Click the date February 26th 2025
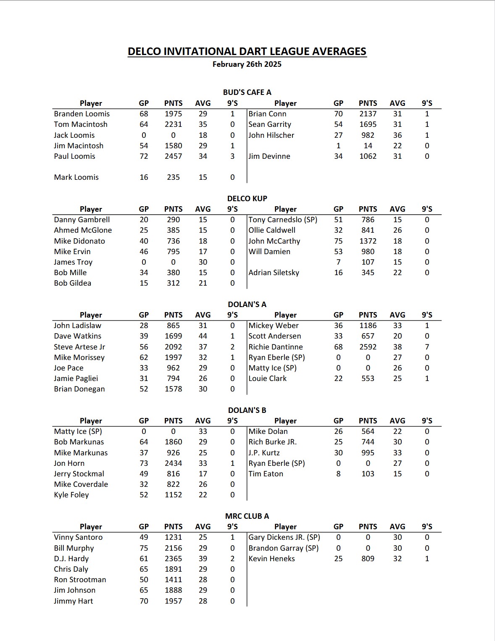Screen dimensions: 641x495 pos(247,64)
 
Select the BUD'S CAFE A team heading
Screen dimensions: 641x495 pos(247,92)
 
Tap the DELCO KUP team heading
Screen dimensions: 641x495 pos(247,198)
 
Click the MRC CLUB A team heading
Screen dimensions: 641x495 pos(247,516)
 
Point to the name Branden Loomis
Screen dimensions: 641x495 pos(82,114)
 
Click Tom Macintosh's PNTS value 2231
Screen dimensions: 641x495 pos(173,124)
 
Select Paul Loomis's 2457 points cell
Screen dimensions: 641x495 pos(173,156)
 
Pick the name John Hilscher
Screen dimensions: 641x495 pos(271,135)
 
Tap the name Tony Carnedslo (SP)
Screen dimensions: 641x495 pos(283,220)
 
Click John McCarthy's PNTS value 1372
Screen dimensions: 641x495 pos(368,241)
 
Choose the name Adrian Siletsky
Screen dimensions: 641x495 pos(274,273)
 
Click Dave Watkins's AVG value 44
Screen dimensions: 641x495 pos(203,336)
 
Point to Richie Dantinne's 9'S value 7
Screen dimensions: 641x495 pos(427,347)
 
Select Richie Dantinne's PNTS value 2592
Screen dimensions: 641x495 pos(368,347)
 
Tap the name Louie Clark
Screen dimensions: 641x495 pos(267,378)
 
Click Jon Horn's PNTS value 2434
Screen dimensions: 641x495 pos(173,463)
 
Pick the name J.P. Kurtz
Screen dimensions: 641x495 pos(264,453)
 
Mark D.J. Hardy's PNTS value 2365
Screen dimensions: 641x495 pos(173,559)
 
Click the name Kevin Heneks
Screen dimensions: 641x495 pos(271,559)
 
